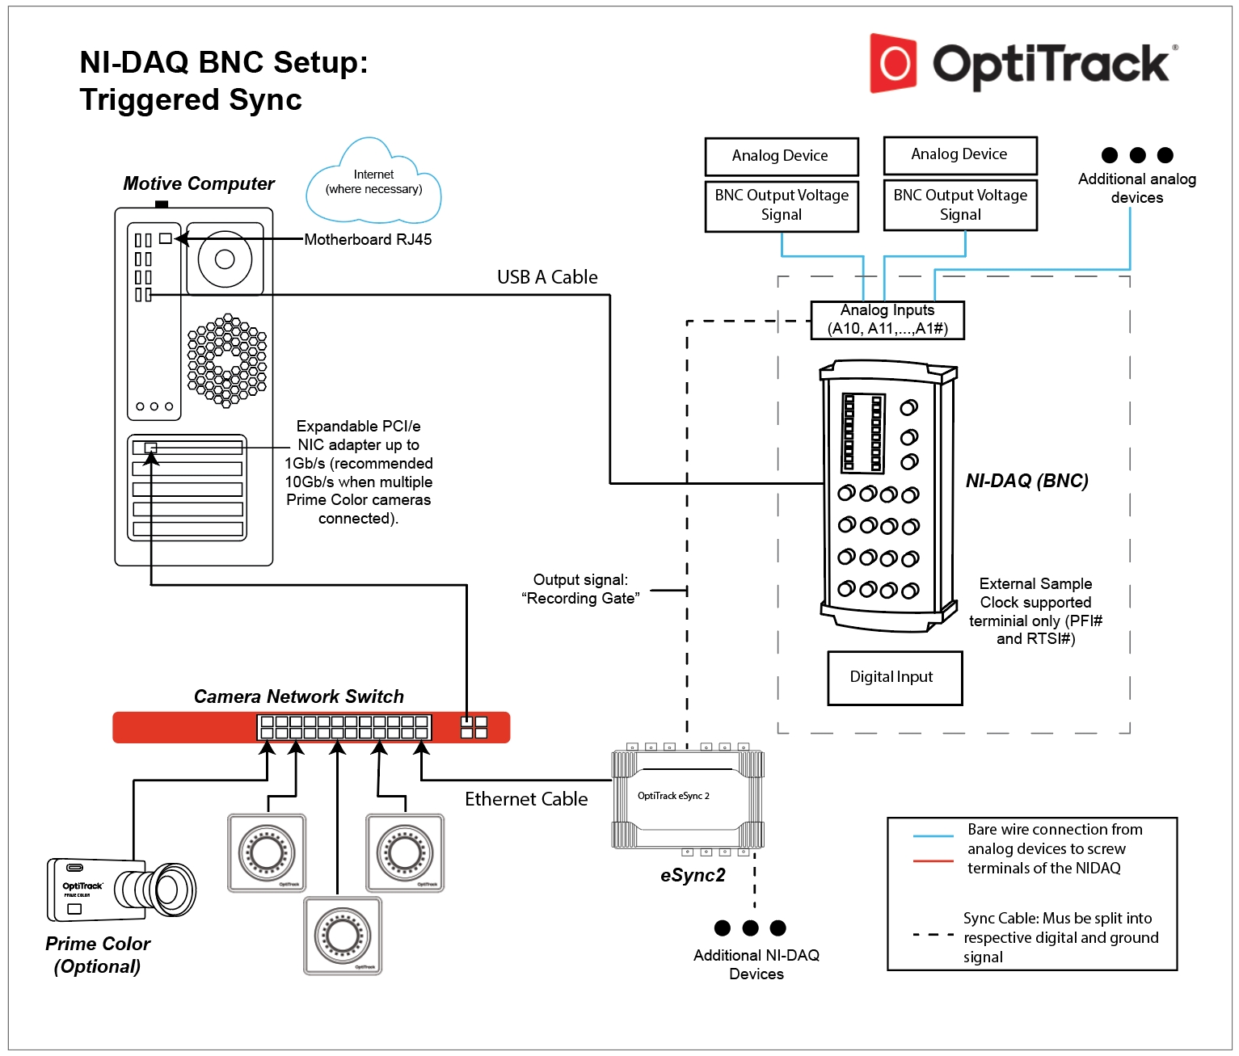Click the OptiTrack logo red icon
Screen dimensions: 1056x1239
pos(893,63)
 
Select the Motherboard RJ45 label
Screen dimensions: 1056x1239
pos(368,240)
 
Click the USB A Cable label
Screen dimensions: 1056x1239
pos(547,277)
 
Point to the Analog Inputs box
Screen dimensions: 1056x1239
pos(887,320)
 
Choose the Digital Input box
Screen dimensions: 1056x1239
pos(895,678)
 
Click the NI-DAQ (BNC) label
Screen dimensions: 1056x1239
pos(1026,481)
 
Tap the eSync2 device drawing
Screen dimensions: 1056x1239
pos(687,799)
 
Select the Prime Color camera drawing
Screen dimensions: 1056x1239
pos(121,890)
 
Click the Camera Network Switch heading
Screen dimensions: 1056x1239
pos(298,696)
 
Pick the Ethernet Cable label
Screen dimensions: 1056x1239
pos(526,799)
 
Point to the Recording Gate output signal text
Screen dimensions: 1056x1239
pos(580,590)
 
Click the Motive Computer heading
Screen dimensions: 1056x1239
pos(199,184)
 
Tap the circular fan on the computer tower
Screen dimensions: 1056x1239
pos(225,259)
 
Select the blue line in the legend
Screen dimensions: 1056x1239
pos(933,836)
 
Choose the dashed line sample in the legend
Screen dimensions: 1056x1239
pos(933,935)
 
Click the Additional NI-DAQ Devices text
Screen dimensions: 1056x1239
pos(756,965)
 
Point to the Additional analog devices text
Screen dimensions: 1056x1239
pos(1136,188)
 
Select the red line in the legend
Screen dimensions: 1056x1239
pos(933,861)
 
